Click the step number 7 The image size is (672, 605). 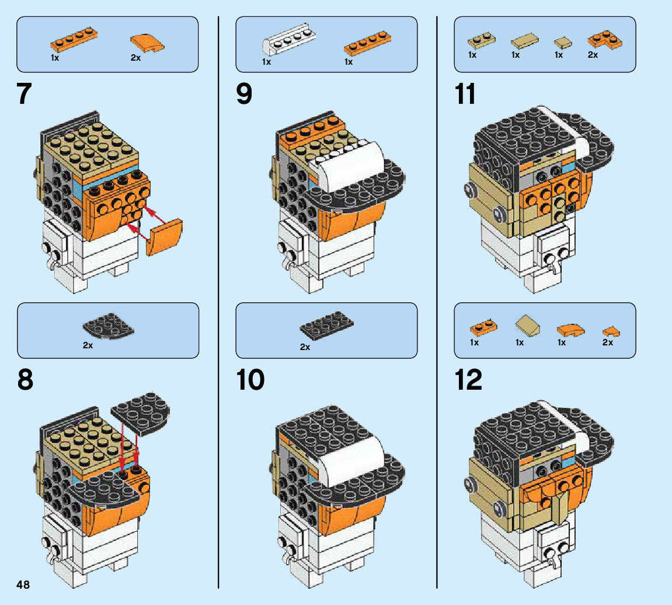tap(24, 95)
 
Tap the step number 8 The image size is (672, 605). tap(25, 380)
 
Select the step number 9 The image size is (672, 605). tap(244, 95)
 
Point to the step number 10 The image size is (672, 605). tap(250, 380)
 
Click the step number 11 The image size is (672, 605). tap(465, 95)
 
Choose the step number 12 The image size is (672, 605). tap(468, 380)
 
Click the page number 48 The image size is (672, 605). tap(23, 585)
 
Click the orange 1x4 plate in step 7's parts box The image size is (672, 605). tap(73, 38)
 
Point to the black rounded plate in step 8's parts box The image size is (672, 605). tap(109, 328)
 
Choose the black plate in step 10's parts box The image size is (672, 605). tap(327, 328)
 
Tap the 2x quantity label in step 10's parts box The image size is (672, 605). tap(305, 347)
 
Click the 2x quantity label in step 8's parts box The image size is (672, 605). tap(88, 345)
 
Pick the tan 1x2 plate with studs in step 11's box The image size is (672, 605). tap(482, 41)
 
